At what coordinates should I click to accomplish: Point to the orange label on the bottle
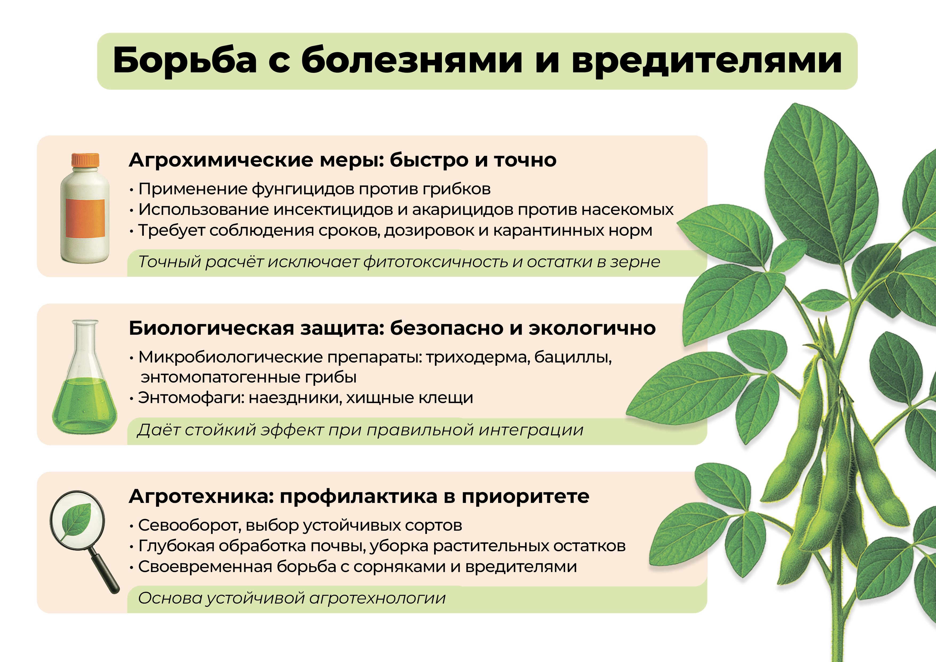click(x=85, y=218)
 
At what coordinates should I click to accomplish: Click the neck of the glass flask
click(x=85, y=343)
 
